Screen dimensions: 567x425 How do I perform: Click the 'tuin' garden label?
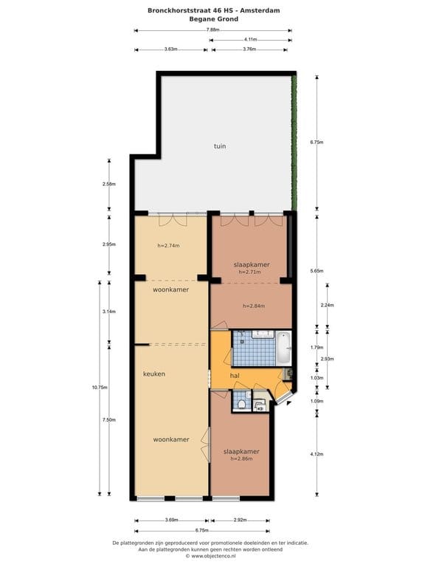tap(220, 146)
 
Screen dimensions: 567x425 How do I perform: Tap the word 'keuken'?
tap(153, 374)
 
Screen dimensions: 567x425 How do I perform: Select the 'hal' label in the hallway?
tap(235, 376)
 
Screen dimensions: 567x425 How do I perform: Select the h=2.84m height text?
tap(253, 306)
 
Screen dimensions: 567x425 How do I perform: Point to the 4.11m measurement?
tap(250, 39)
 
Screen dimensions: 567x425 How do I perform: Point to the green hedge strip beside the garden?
tap(294, 140)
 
